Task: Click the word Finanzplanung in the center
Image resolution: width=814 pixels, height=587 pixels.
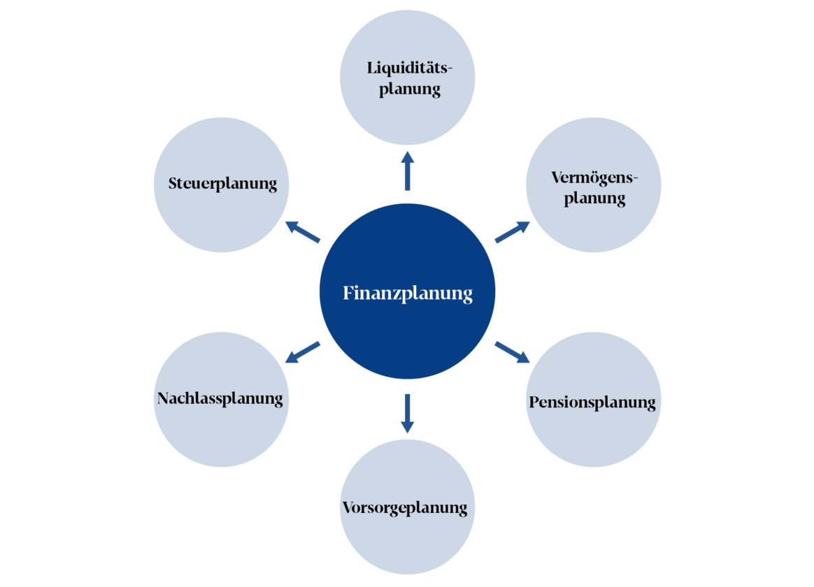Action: coord(408,293)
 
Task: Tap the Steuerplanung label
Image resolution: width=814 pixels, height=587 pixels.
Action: coord(222,184)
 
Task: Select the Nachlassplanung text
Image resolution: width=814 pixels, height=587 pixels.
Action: coord(220,399)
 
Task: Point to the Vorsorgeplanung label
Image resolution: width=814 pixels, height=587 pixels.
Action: coord(405,508)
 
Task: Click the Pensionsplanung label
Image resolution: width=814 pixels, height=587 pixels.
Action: coord(592,403)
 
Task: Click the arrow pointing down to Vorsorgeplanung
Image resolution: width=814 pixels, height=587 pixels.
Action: coord(408,414)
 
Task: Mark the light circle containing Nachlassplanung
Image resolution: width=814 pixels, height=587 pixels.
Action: coord(221,433)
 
